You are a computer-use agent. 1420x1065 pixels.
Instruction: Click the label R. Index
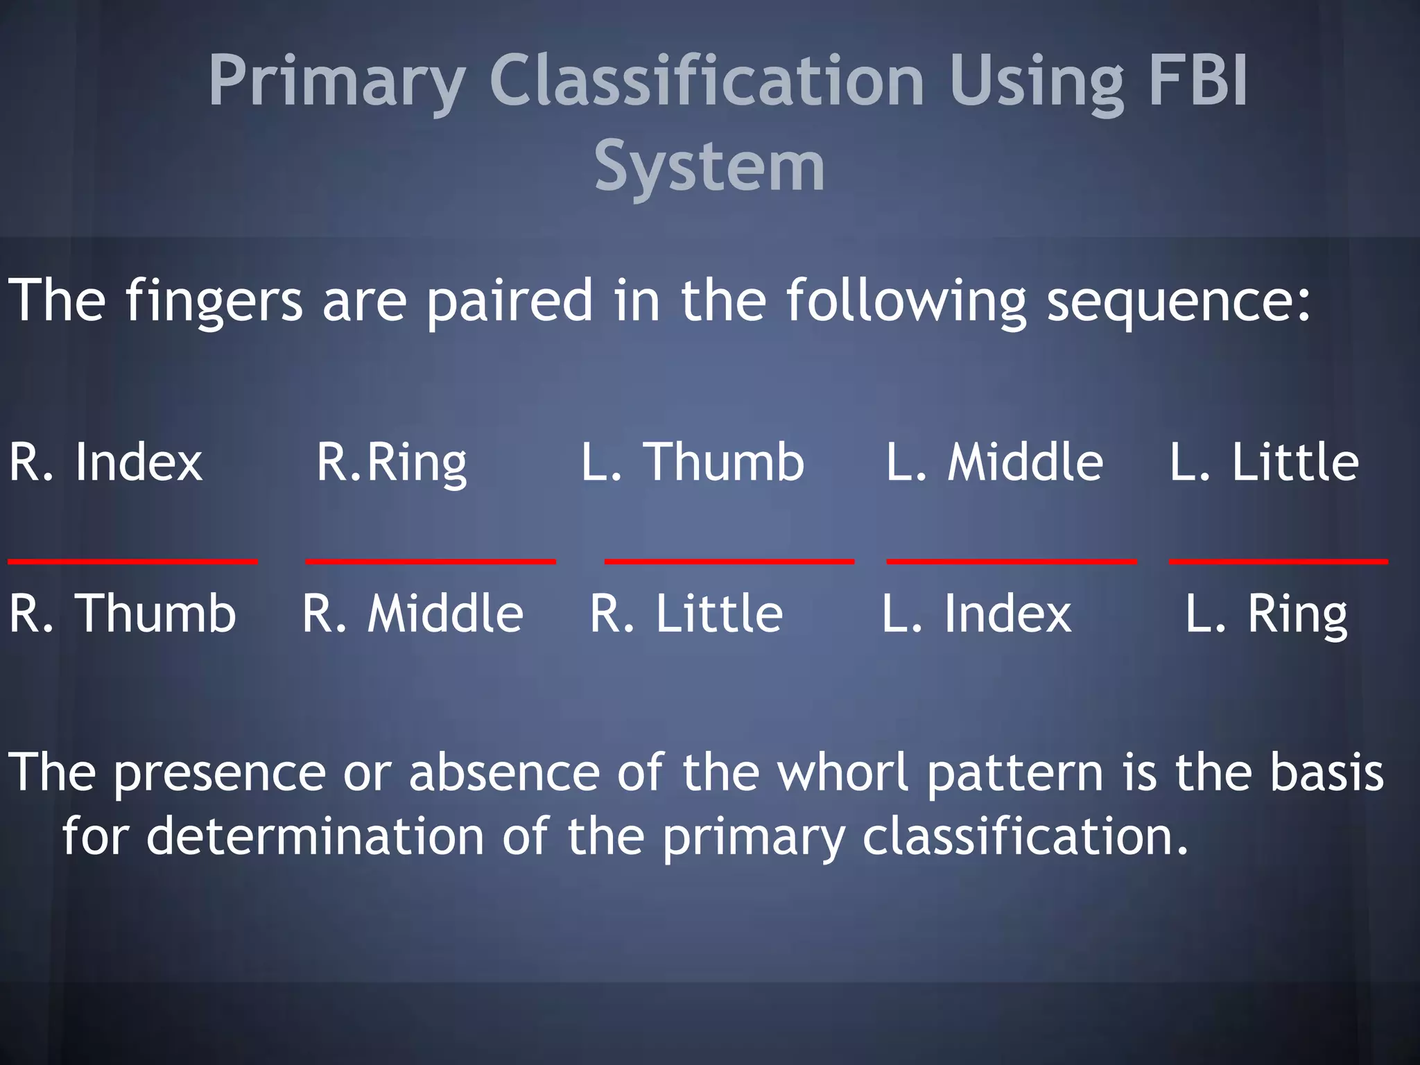pyautogui.click(x=105, y=462)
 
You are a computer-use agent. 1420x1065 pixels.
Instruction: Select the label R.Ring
pyautogui.click(x=392, y=463)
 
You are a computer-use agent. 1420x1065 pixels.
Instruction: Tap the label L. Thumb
pyautogui.click(x=692, y=462)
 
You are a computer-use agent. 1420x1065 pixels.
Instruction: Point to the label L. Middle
pyautogui.click(x=994, y=462)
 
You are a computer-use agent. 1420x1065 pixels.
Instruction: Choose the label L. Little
pyautogui.click(x=1263, y=462)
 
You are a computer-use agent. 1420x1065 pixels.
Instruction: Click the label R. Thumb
pyautogui.click(x=122, y=614)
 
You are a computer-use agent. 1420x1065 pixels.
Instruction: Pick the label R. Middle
pyautogui.click(x=413, y=614)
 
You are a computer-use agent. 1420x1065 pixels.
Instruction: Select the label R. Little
pyautogui.click(x=686, y=614)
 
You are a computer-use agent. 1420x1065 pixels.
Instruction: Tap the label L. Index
pyautogui.click(x=976, y=614)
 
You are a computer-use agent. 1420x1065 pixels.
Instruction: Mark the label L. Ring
pyautogui.click(x=1265, y=615)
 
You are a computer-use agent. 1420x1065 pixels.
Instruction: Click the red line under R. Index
pyautogui.click(x=132, y=561)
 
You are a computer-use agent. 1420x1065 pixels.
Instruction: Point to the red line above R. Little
pyautogui.click(x=729, y=561)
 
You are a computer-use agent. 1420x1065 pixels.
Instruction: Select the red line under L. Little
pyautogui.click(x=1278, y=561)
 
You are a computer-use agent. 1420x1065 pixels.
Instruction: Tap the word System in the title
pyautogui.click(x=709, y=166)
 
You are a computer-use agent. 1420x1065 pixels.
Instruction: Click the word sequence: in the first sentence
pyautogui.click(x=1178, y=302)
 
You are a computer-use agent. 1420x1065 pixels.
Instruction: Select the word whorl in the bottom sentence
pyautogui.click(x=842, y=772)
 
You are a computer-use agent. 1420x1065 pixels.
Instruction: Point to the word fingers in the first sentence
pyautogui.click(x=214, y=302)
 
